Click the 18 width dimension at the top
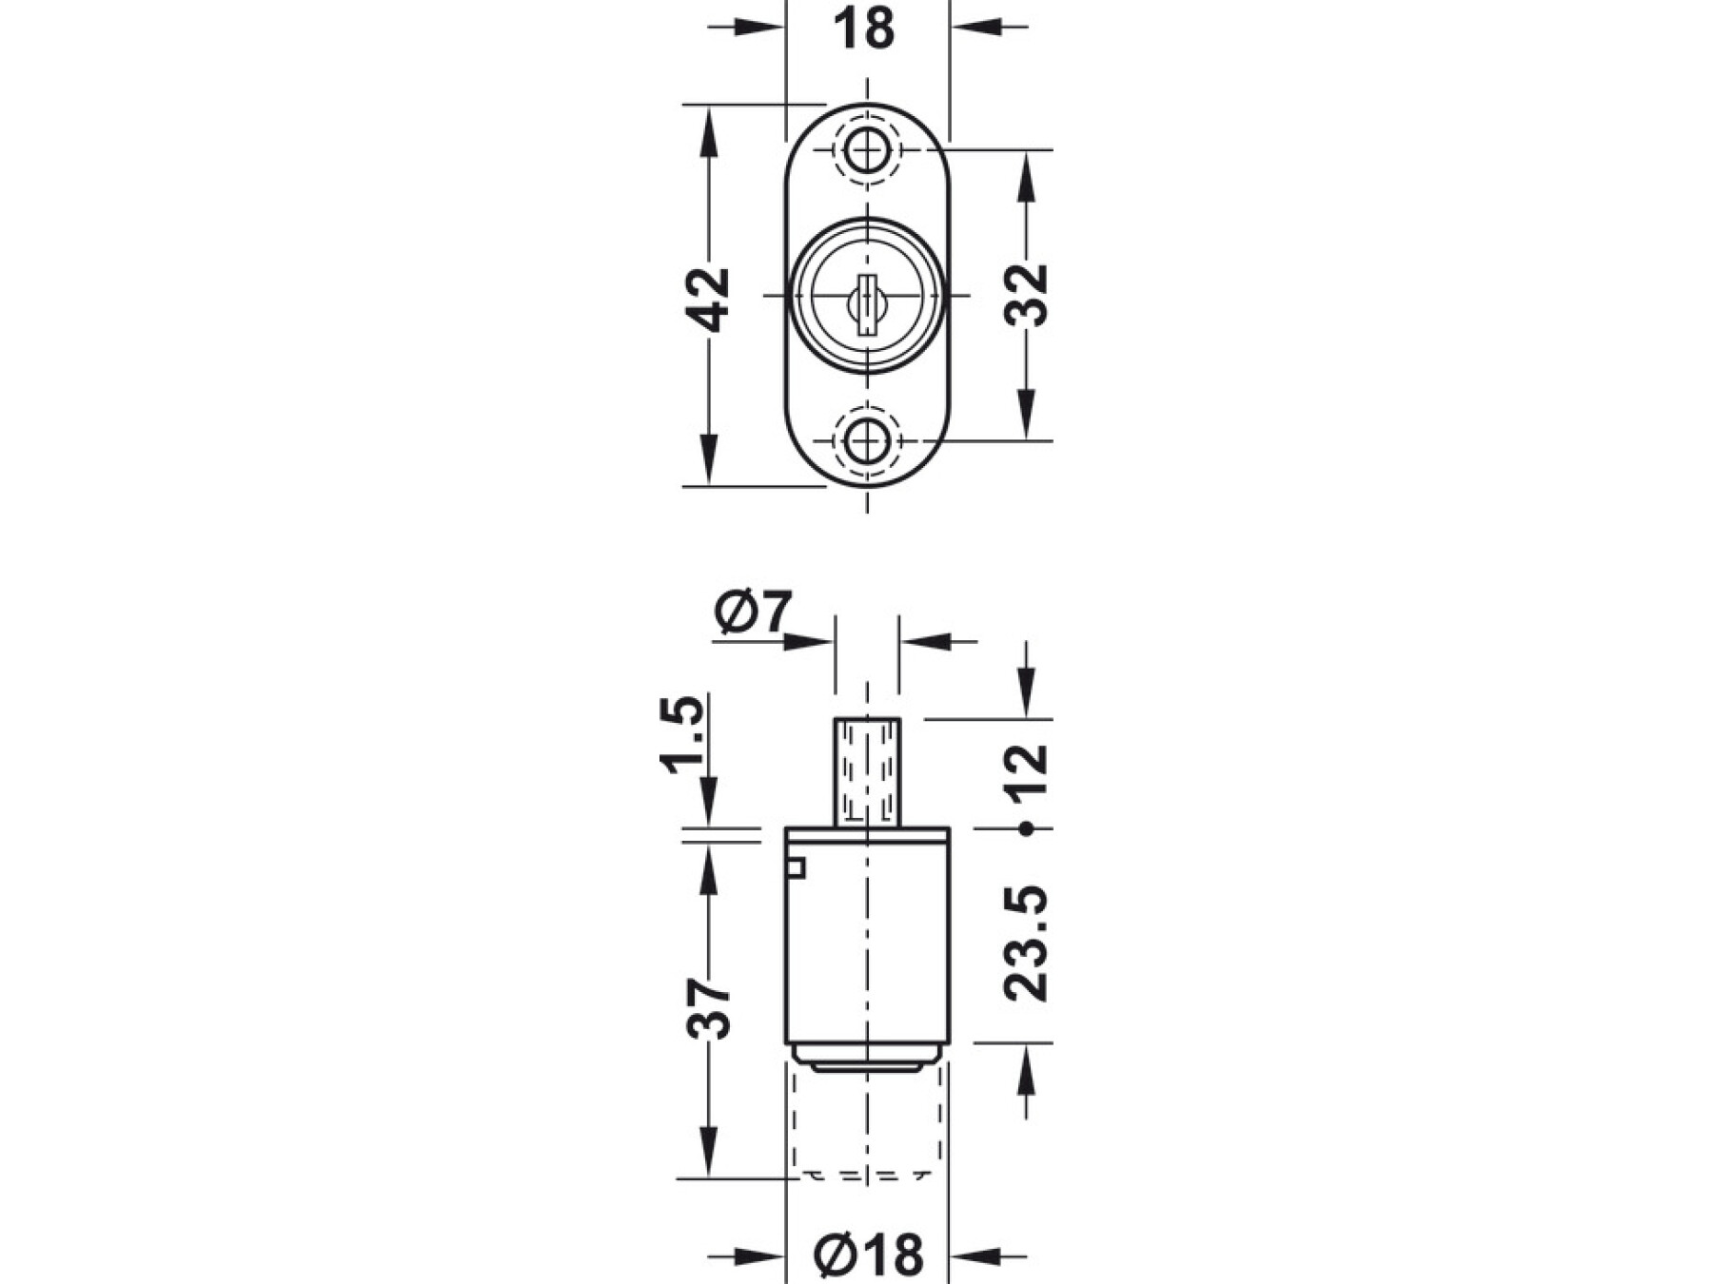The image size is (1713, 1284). (864, 29)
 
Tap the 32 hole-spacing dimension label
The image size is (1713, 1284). (1026, 295)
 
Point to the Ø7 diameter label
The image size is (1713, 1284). (753, 613)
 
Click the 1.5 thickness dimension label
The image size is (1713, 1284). (682, 735)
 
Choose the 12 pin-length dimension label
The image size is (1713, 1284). (1026, 769)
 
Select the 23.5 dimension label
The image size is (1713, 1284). (1026, 943)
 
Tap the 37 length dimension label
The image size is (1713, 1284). (709, 1008)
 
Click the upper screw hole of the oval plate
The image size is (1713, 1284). (866, 149)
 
